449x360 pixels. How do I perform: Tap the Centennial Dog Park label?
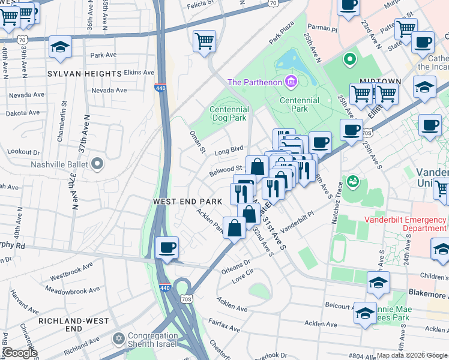(229, 114)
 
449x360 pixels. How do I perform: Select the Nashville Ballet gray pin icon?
(98, 164)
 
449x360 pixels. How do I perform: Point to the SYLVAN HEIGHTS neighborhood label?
(85, 73)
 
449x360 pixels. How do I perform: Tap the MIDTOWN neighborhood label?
(381, 80)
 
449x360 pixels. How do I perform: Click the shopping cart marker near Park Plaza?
(205, 41)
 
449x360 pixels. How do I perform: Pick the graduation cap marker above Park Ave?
(60, 47)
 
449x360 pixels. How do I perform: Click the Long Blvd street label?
(229, 149)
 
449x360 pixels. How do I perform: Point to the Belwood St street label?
(225, 171)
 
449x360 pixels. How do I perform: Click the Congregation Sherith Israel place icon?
(118, 340)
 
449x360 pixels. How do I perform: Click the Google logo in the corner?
(19, 353)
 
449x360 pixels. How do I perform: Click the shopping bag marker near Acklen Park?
(234, 227)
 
